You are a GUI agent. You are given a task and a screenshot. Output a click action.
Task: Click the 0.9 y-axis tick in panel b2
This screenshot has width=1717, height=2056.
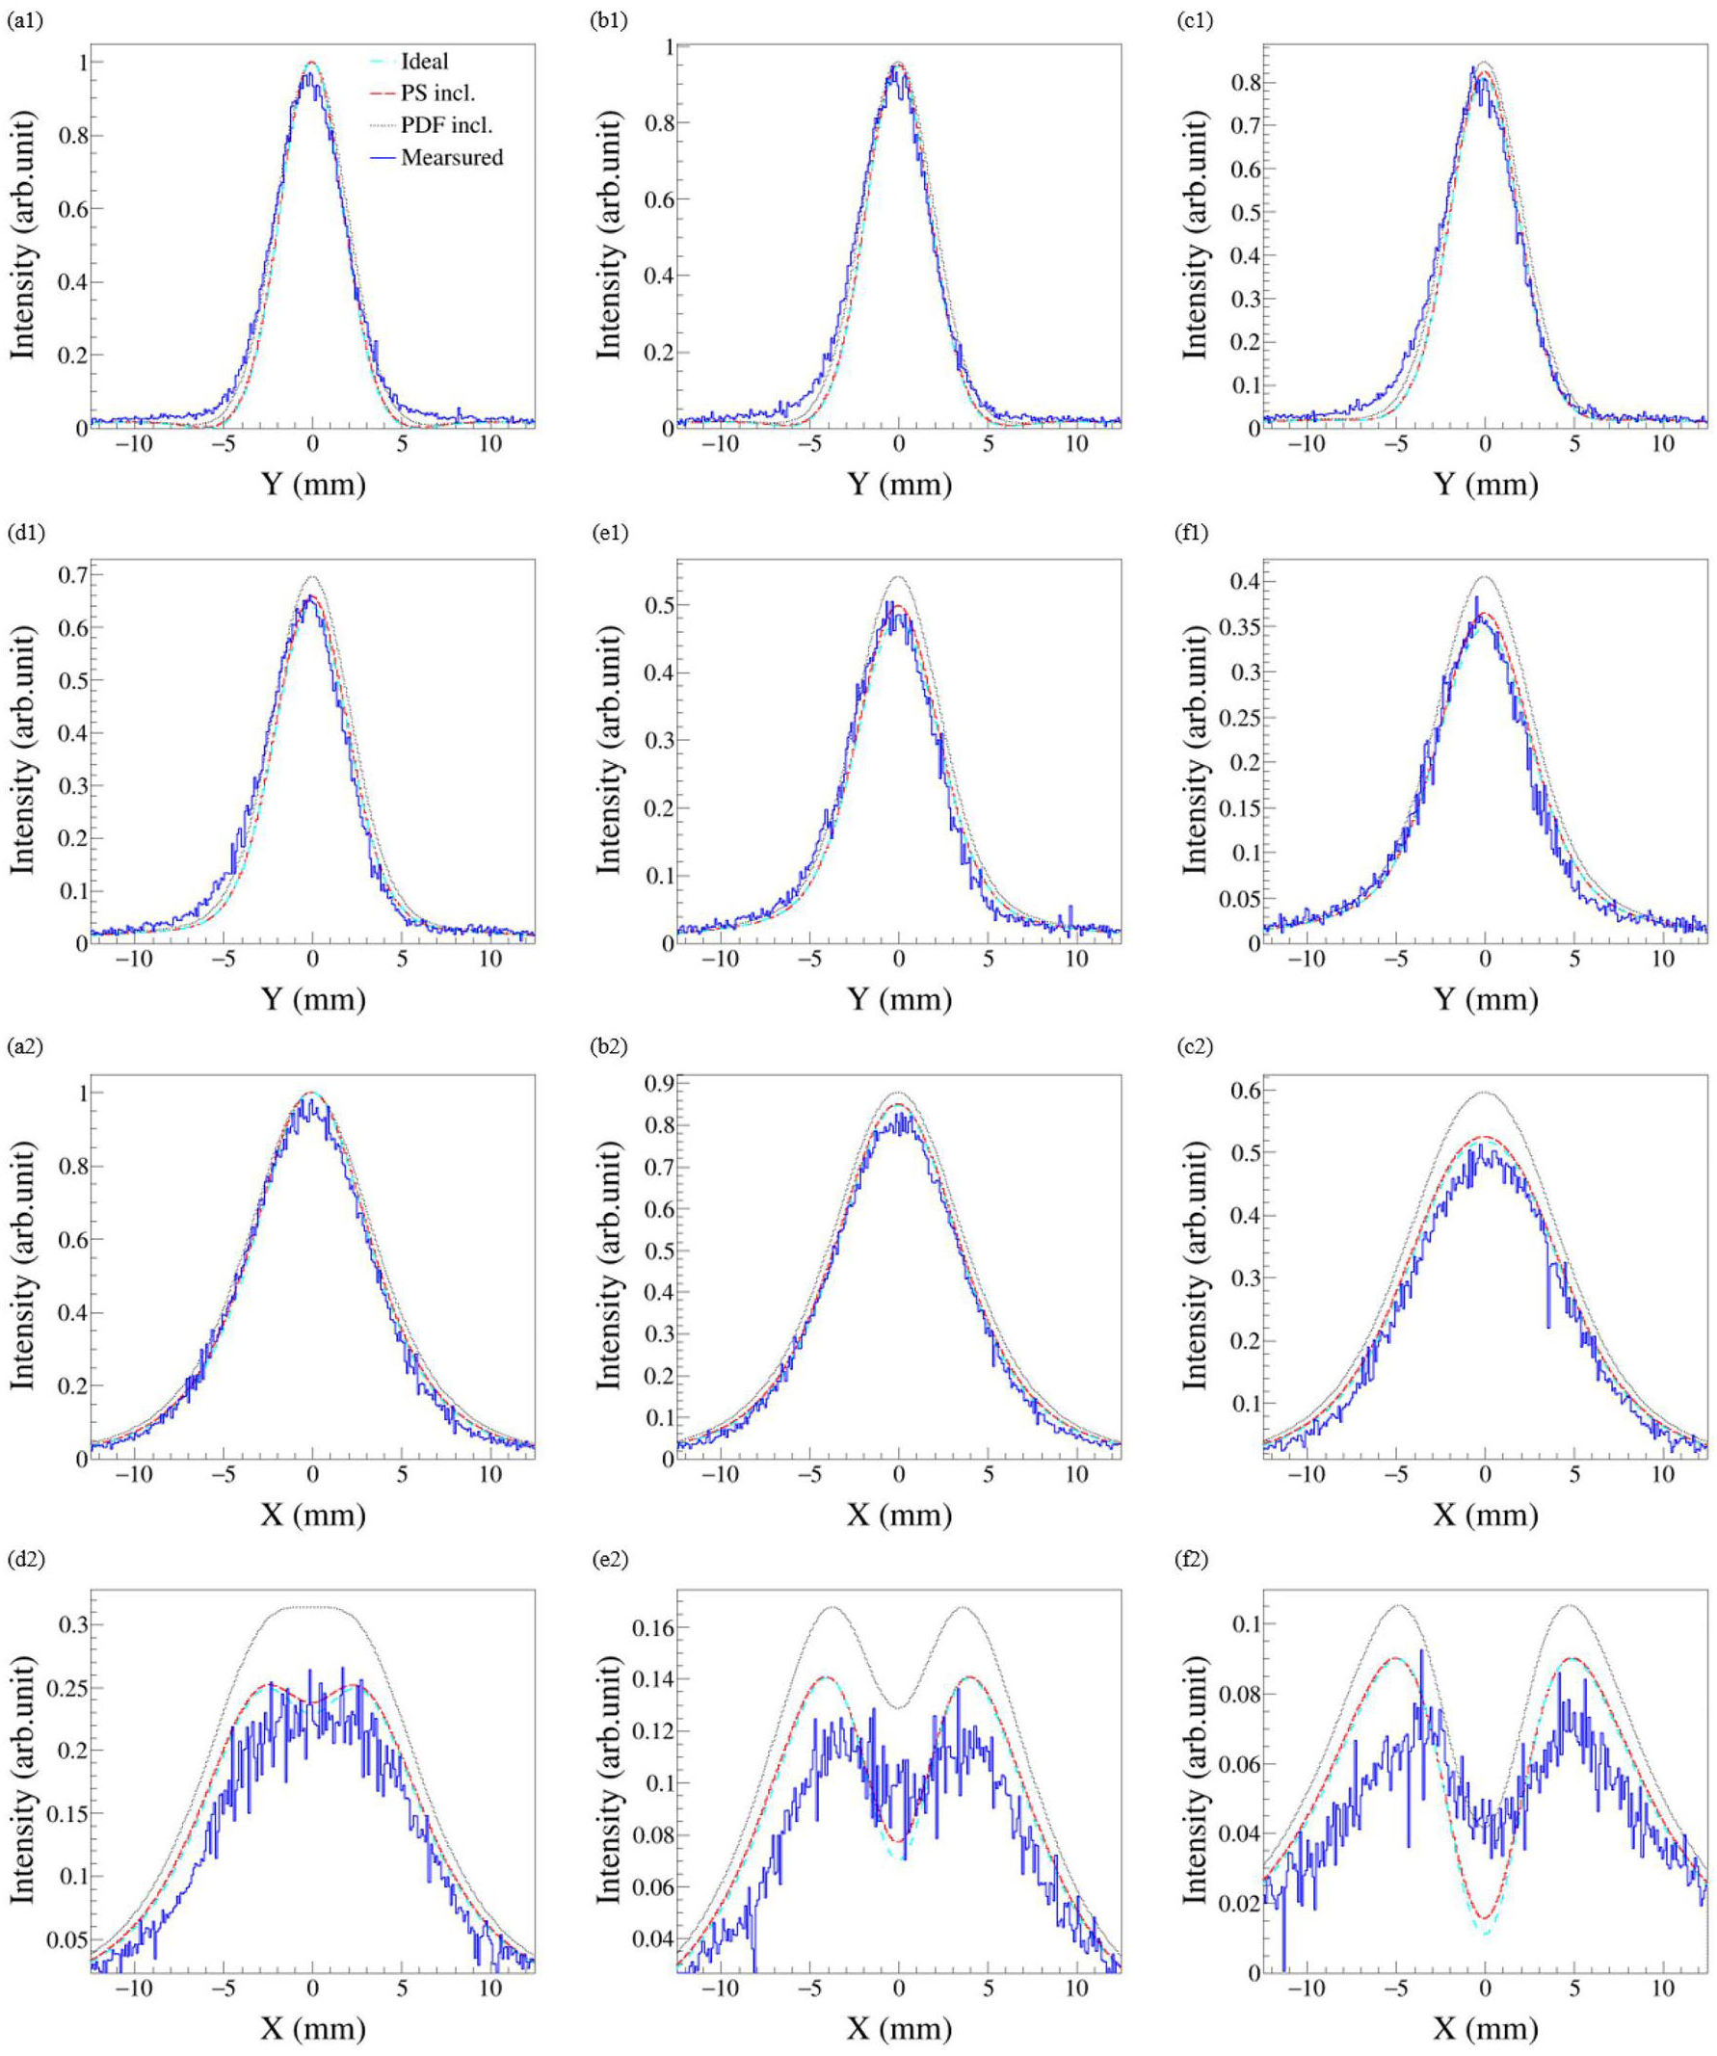tap(656, 1085)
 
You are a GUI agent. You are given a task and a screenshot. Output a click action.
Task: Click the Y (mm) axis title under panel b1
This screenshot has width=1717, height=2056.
tap(899, 484)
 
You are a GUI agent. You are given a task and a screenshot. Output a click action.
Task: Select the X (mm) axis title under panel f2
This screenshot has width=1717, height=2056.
tap(1485, 2029)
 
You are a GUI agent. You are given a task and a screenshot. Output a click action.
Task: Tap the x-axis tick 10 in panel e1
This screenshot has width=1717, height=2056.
tap(1077, 959)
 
